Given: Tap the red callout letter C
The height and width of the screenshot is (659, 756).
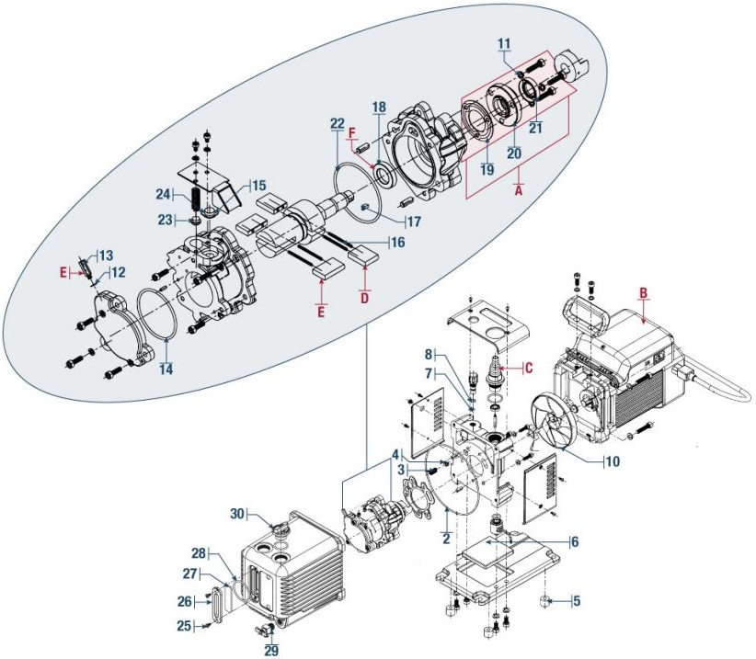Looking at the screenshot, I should (529, 368).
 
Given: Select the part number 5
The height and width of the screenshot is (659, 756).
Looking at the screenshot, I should (578, 602).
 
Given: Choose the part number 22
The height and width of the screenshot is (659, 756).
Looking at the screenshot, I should (338, 124).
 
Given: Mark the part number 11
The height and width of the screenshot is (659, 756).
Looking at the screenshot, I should (503, 43).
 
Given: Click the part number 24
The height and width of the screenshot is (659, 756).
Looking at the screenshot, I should (161, 194).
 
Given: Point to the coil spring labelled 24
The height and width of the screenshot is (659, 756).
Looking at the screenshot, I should (196, 196).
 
